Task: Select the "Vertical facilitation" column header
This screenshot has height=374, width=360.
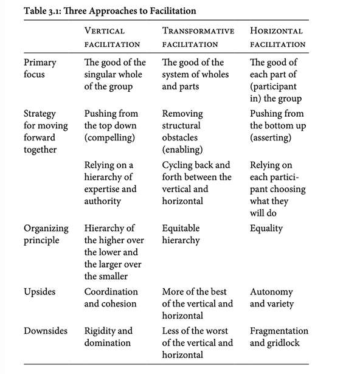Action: coord(112,37)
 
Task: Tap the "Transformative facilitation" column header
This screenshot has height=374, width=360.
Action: coord(198,37)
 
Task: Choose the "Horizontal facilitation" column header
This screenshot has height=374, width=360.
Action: coord(277,37)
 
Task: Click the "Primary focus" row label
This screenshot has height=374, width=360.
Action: coord(41,68)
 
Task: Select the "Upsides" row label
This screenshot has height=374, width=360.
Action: coord(40,292)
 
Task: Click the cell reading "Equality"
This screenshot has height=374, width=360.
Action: coord(266,229)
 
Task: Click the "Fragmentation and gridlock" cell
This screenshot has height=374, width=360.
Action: coord(279,337)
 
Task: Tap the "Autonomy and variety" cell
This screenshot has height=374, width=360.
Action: coord(271,298)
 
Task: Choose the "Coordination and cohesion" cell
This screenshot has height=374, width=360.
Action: coord(111,298)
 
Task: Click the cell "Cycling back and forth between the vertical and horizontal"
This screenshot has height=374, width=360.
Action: coord(197,183)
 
